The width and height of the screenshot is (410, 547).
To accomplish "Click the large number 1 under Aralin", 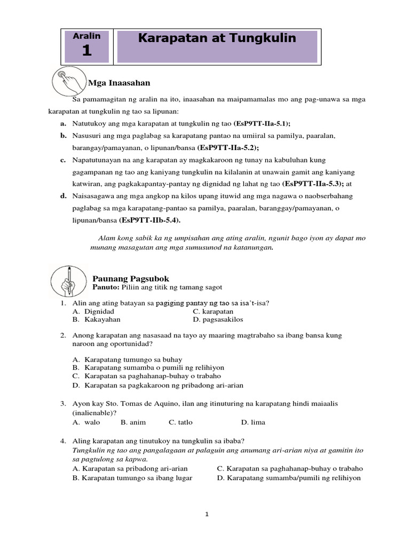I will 87,51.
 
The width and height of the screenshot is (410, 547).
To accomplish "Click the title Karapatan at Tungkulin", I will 217,38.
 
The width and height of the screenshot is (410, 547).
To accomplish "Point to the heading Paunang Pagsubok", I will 131,278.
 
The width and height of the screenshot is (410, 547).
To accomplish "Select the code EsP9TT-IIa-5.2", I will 231,147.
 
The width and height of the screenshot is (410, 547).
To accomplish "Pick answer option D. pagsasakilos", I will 218,319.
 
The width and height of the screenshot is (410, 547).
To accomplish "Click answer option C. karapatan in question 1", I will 213,311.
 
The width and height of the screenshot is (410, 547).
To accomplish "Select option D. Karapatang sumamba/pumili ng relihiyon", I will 289,478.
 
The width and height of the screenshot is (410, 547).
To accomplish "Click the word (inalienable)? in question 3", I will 94,413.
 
